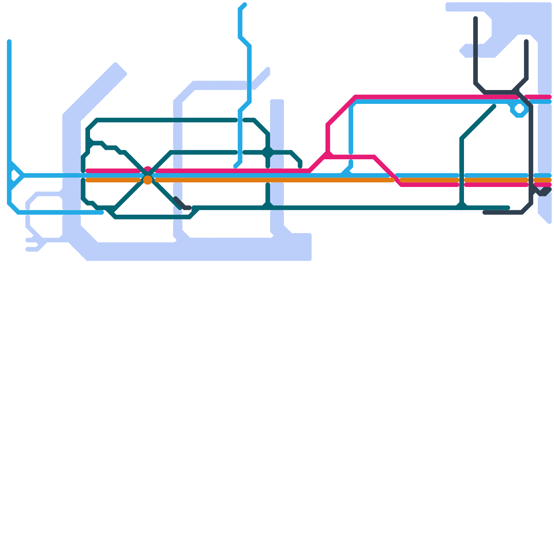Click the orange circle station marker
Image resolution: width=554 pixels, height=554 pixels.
(x=148, y=180)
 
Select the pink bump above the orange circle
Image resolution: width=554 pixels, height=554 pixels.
(x=148, y=169)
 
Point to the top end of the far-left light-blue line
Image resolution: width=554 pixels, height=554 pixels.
(x=9, y=42)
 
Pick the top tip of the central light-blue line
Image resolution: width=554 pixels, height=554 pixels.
(x=245, y=5)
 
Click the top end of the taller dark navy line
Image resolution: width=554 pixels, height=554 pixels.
(x=476, y=18)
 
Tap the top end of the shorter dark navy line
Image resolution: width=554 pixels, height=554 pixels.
(x=526, y=42)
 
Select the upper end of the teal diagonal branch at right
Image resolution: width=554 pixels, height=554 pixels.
(x=494, y=106)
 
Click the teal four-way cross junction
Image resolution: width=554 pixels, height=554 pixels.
(x=268, y=152)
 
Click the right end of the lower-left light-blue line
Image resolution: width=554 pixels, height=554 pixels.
(x=102, y=212)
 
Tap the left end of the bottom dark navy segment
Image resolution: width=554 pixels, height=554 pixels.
(x=485, y=212)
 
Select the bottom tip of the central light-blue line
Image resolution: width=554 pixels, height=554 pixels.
(x=235, y=167)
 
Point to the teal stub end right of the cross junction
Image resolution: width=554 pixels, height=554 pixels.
(x=300, y=166)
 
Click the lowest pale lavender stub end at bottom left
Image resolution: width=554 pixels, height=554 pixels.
(x=28, y=249)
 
